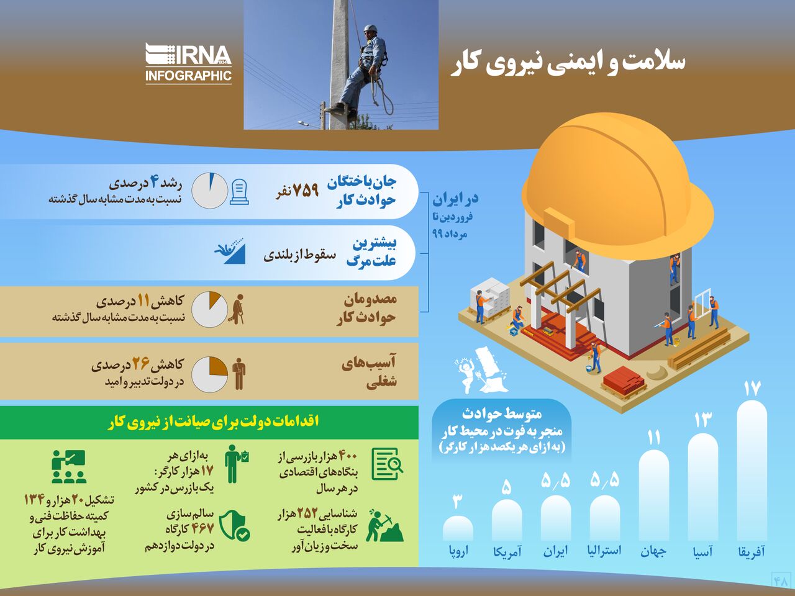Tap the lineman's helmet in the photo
pos(371,28)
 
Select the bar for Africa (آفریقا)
pos(752,470)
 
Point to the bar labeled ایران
pos(556,518)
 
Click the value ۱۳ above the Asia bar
pos(703,420)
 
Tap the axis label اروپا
pos(458,551)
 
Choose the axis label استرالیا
pos(604,551)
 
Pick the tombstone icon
pos(239,192)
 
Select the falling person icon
pos(230,251)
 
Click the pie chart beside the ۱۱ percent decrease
pos(209,309)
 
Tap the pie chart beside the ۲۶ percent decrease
pos(209,374)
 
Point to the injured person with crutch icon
pos(236,309)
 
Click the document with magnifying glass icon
pos(387,464)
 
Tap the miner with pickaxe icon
pos(384,525)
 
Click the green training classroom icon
pos(69,467)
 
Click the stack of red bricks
pos(624,381)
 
